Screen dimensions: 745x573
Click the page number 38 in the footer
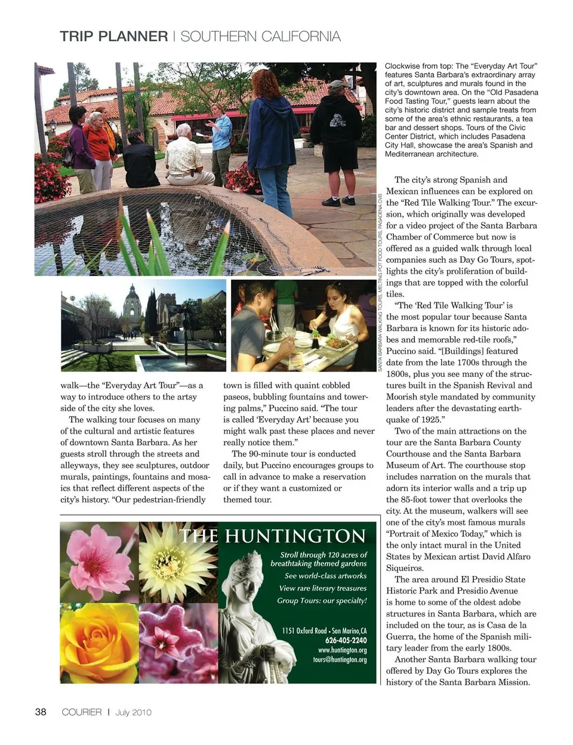pos(41,712)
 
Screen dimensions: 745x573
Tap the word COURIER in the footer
pos(82,712)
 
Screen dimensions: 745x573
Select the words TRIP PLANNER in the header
pos(114,36)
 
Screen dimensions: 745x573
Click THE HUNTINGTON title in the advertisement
pos(272,536)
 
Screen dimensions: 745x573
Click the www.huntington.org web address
pos(342,650)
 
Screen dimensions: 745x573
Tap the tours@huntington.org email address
pos(340,660)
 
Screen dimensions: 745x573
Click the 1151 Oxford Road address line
pos(324,631)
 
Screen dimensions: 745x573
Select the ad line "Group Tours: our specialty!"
pos(322,600)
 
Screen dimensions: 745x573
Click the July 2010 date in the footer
pos(133,712)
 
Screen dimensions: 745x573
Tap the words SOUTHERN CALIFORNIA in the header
pos(260,36)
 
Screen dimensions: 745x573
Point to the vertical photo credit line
pos(380,281)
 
